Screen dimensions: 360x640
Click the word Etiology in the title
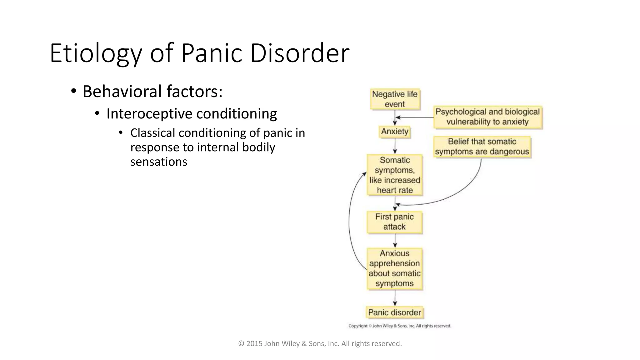pos(96,54)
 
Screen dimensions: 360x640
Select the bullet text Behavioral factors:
pos(152,92)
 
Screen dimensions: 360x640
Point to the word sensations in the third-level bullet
pos(158,162)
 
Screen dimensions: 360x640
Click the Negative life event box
pos(395,99)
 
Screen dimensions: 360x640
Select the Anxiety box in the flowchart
pos(394,132)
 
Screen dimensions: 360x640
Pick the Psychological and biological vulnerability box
pos(487,117)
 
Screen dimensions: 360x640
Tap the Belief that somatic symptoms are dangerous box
pos(482,147)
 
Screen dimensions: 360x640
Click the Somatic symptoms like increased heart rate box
pos(395,175)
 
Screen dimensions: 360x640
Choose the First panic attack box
pos(394,222)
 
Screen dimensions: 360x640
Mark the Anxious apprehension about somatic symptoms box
pos(394,268)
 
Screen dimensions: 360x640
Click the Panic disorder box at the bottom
pos(394,312)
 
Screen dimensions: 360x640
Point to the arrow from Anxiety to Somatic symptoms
pos(395,146)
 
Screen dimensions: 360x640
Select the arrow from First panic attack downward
pos(395,241)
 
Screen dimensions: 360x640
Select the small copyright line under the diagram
pos(400,326)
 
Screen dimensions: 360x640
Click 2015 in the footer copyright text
pos(254,344)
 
